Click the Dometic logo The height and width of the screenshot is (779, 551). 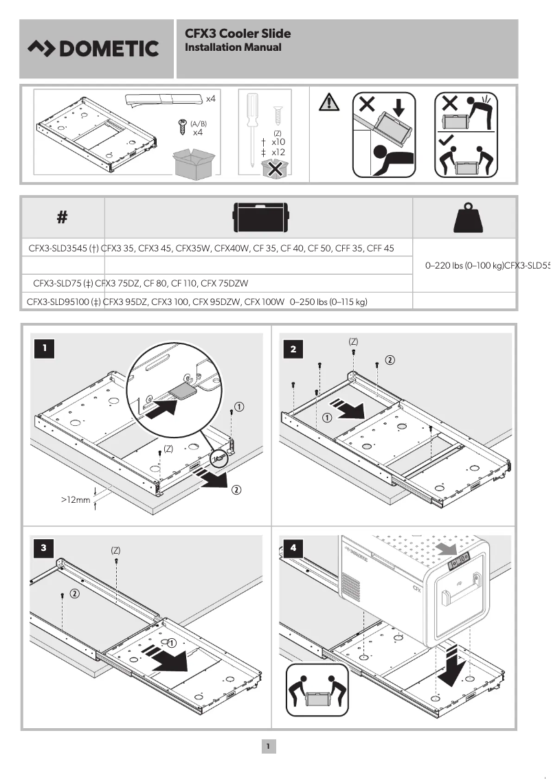tap(93, 49)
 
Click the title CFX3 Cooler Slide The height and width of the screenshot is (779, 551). tap(237, 33)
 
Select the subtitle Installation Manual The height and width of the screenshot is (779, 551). tap(233, 47)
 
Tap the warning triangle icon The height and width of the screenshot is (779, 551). tap(330, 103)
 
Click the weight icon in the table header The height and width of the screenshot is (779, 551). tap(464, 218)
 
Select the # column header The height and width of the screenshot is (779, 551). tap(62, 218)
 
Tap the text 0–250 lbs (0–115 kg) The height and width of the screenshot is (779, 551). tap(329, 301)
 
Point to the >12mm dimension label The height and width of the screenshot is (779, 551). tap(76, 500)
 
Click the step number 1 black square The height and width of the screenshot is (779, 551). tap(45, 348)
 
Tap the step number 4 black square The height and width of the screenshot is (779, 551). tap(294, 547)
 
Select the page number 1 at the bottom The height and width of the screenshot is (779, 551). tap(269, 745)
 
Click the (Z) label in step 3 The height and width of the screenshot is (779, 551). tap(115, 550)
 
